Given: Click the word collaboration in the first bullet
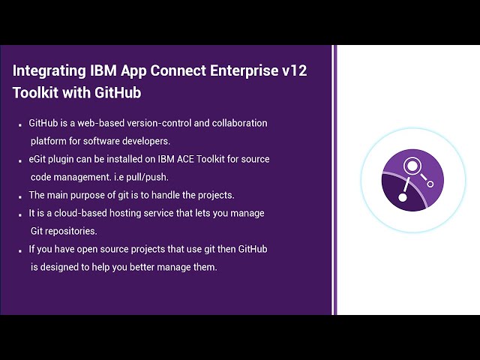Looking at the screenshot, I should point(238,123).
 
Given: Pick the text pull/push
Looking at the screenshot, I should point(150,177).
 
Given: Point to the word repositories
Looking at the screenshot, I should point(73,231).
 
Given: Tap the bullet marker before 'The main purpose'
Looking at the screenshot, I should point(20,196).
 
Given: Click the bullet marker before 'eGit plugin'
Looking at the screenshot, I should point(20,160).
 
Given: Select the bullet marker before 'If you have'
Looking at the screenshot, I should point(20,250).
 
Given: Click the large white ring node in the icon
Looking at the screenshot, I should point(411,166).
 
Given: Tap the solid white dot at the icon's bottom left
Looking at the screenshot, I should point(402,197).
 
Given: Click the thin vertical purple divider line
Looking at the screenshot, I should point(334,180).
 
